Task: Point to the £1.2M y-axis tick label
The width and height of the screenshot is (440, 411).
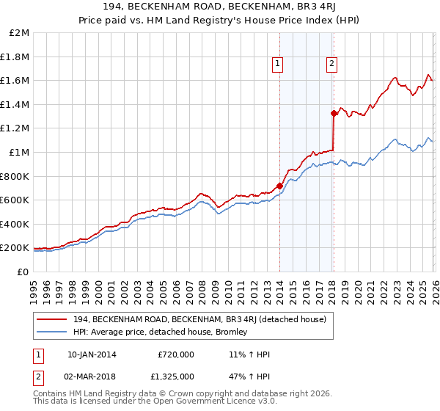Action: (15, 128)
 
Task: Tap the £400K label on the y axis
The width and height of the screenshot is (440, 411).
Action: (15, 224)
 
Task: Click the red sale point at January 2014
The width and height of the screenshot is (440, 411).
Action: (279, 186)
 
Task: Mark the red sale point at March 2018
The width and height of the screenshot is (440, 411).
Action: (334, 113)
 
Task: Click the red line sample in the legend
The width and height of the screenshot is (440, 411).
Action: (52, 319)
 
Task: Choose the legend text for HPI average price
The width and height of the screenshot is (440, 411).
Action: (161, 332)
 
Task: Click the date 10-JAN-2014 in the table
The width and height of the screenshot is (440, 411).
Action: (92, 354)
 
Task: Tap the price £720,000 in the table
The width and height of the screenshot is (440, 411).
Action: (176, 354)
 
